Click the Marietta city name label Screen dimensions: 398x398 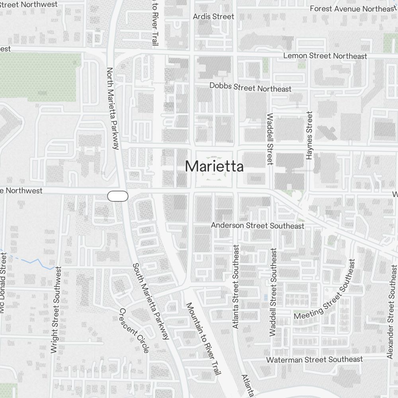214,166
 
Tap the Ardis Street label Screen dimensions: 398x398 213,17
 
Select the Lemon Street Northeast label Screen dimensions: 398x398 325,56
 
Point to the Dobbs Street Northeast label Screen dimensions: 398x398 250,87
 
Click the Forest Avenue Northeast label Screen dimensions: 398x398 351,9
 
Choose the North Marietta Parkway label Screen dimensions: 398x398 113,108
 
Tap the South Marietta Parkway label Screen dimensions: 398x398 151,301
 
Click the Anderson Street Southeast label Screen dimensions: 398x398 258,226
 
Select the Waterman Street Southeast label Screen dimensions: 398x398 314,359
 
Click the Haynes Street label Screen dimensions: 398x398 310,135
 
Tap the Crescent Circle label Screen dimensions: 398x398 134,330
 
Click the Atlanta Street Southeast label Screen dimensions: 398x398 236,287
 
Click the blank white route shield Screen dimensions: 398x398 118,196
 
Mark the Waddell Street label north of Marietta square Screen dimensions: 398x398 270,139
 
